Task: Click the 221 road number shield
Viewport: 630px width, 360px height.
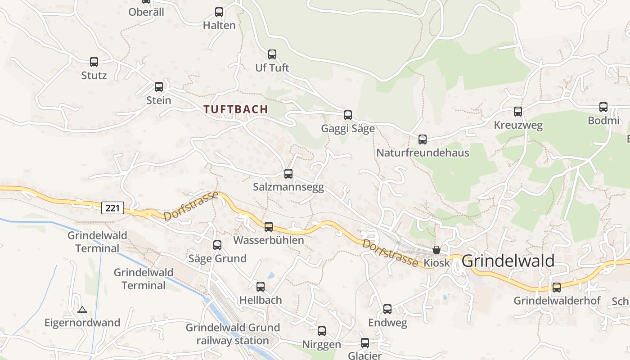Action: (112, 208)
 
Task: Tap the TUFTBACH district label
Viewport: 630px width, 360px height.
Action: (235, 109)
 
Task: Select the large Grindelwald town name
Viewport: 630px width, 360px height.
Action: (508, 261)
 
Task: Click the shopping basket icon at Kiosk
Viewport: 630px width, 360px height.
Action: (436, 250)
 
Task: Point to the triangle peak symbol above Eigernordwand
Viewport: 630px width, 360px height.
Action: (82, 310)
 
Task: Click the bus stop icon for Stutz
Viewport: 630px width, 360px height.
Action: (94, 62)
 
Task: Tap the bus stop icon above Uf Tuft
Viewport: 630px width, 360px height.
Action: (272, 54)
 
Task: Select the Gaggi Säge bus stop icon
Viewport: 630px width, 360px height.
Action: (348, 115)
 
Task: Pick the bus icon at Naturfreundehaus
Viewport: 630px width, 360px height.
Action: (423, 139)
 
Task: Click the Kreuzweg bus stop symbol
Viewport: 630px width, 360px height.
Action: (518, 112)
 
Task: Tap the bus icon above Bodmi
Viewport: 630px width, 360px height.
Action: (603, 107)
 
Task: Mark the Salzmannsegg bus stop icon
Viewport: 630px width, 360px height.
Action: (288, 174)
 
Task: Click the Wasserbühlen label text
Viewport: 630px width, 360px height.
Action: (269, 240)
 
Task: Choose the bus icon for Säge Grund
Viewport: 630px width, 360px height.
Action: (217, 245)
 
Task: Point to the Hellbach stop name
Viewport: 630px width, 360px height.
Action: (261, 300)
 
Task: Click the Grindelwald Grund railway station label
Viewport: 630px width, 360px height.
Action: (233, 334)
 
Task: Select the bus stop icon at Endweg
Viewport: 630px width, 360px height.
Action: (387, 309)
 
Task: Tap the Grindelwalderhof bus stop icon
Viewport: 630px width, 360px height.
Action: (557, 288)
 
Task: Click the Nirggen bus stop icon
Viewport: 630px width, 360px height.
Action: (322, 331)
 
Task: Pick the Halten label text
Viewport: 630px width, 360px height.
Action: (219, 25)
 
